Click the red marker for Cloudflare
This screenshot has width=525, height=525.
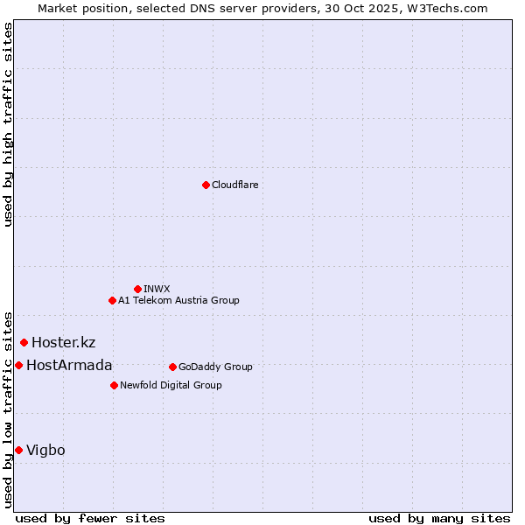[206, 185]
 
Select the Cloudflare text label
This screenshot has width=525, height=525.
[234, 185]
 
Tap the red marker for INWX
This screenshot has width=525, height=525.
[137, 289]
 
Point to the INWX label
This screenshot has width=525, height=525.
[157, 289]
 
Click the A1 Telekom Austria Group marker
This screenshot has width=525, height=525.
[112, 300]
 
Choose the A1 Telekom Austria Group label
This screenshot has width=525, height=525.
[178, 300]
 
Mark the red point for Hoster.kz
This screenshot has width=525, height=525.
[24, 342]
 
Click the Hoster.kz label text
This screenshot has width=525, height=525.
[63, 342]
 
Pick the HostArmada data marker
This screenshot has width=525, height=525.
[18, 365]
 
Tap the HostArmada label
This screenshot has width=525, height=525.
[69, 365]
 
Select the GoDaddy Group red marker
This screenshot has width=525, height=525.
[172, 367]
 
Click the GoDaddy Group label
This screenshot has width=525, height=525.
[215, 367]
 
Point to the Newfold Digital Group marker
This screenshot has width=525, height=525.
[114, 385]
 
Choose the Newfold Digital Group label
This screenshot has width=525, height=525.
[171, 385]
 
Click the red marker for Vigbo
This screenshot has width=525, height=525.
[18, 450]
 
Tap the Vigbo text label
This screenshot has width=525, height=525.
[45, 450]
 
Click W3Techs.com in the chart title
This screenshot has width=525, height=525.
[451, 8]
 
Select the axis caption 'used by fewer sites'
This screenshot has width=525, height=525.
[90, 518]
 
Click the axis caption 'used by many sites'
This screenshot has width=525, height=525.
[438, 518]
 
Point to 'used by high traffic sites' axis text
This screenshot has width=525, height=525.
[8, 124]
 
